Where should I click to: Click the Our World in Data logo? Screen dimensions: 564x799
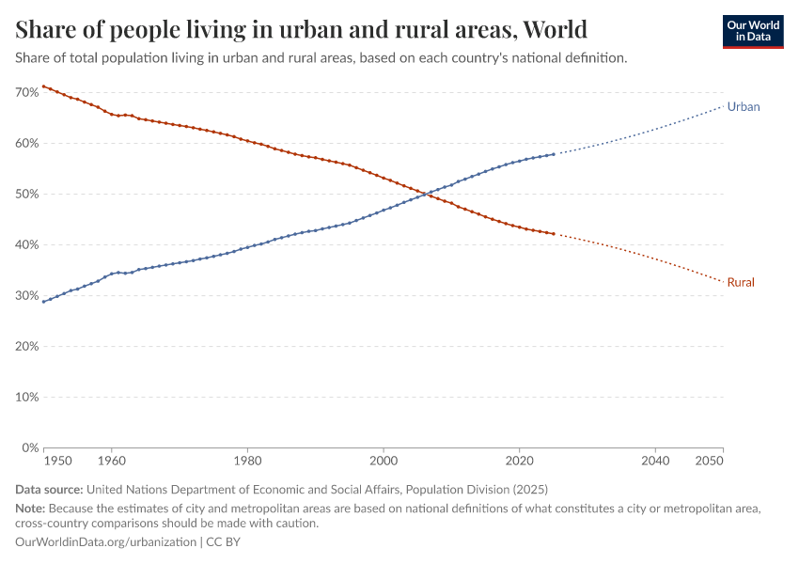tap(753, 31)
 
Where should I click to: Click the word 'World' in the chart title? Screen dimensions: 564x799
tap(555, 29)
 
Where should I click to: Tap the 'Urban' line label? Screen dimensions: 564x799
tap(744, 107)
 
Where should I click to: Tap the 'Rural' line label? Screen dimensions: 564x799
tap(741, 282)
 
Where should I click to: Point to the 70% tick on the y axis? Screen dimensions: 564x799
tap(26, 93)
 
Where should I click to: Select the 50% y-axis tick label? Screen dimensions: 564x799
tap(26, 195)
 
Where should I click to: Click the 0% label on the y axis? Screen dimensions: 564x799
tap(29, 448)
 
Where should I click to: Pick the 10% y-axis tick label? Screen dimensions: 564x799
tap(26, 398)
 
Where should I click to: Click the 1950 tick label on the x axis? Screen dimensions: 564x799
tap(57, 462)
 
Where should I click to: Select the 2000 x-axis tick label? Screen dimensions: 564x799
tap(384, 462)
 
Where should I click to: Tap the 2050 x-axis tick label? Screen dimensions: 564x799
tap(710, 462)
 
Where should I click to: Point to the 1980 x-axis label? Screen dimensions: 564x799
tap(247, 462)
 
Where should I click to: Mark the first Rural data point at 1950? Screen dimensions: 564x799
tap(43, 86)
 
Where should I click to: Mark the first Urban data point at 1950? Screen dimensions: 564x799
tap(43, 302)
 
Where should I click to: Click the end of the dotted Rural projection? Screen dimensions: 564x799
tap(723, 281)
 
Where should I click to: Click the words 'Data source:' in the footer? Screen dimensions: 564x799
tap(49, 490)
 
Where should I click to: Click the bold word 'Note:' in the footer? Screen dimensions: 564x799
tap(31, 509)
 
